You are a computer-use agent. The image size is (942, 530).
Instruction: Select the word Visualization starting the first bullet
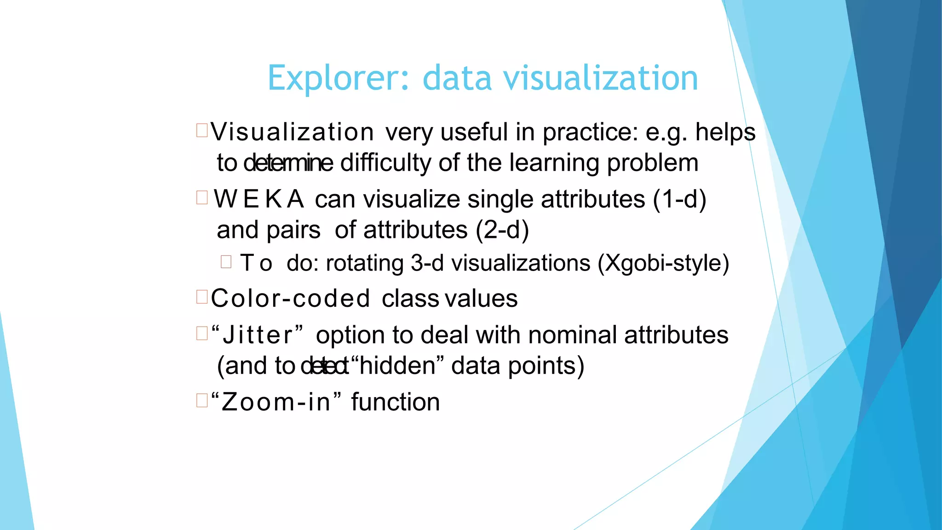pyautogui.click(x=292, y=132)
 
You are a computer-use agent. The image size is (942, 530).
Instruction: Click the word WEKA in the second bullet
pyautogui.click(x=258, y=199)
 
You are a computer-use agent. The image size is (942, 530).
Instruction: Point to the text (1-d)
pyautogui.click(x=679, y=199)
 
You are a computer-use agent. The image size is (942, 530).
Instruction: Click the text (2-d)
pyautogui.click(x=502, y=230)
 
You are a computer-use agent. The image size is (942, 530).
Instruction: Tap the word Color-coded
pyautogui.click(x=290, y=299)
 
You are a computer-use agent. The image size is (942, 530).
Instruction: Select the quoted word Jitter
pyautogui.click(x=258, y=334)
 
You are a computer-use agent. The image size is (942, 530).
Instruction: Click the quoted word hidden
pyautogui.click(x=397, y=366)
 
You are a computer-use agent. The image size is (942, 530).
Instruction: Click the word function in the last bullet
pyautogui.click(x=396, y=402)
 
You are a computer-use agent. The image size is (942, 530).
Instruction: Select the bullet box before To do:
pyautogui.click(x=226, y=262)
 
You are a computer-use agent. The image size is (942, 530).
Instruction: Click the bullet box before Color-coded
pyautogui.click(x=202, y=297)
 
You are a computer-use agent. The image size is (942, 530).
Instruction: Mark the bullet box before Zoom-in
pyautogui.click(x=202, y=400)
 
